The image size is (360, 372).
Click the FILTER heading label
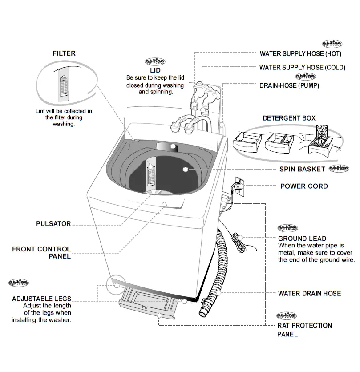click(64, 53)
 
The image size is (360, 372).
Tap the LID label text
click(155, 70)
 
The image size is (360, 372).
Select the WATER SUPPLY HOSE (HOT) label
click(300, 54)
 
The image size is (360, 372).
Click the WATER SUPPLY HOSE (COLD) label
click(302, 68)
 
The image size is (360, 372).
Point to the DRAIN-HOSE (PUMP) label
click(289, 85)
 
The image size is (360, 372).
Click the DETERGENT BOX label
click(289, 118)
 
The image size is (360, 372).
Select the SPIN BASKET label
click(302, 170)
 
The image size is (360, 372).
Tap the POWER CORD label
click(304, 186)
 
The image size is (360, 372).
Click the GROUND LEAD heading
click(302, 239)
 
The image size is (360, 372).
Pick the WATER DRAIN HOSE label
click(309, 293)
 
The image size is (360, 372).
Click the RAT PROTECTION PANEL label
click(304, 330)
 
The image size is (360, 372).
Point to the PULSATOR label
click(53, 224)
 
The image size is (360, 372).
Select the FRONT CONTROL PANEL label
click(41, 253)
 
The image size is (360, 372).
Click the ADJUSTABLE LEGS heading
click(41, 299)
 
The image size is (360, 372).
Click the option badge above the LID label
click(155, 62)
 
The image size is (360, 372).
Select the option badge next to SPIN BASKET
click(339, 169)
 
